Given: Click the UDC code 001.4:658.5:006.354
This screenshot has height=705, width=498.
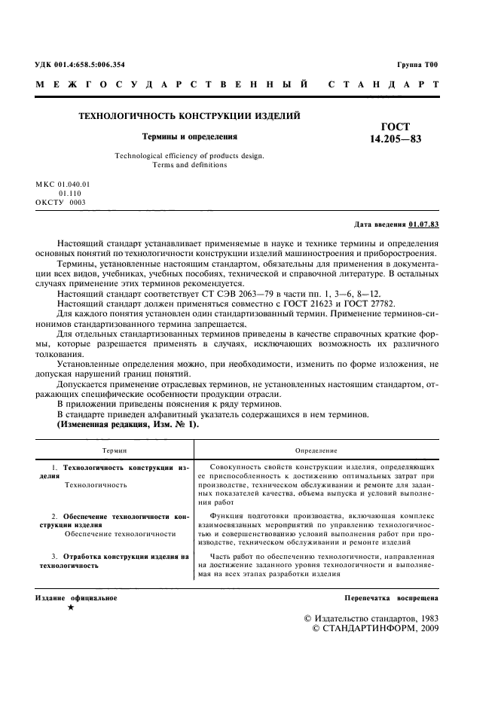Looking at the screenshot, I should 91,65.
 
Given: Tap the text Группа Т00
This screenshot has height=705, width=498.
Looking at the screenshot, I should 417,65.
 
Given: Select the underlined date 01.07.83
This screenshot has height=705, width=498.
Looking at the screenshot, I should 424,224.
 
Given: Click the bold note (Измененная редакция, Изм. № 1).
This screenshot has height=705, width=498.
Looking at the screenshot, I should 128,426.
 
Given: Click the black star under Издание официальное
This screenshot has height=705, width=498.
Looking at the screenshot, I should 70,608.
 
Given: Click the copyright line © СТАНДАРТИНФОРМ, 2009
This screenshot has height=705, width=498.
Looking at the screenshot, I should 374,627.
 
